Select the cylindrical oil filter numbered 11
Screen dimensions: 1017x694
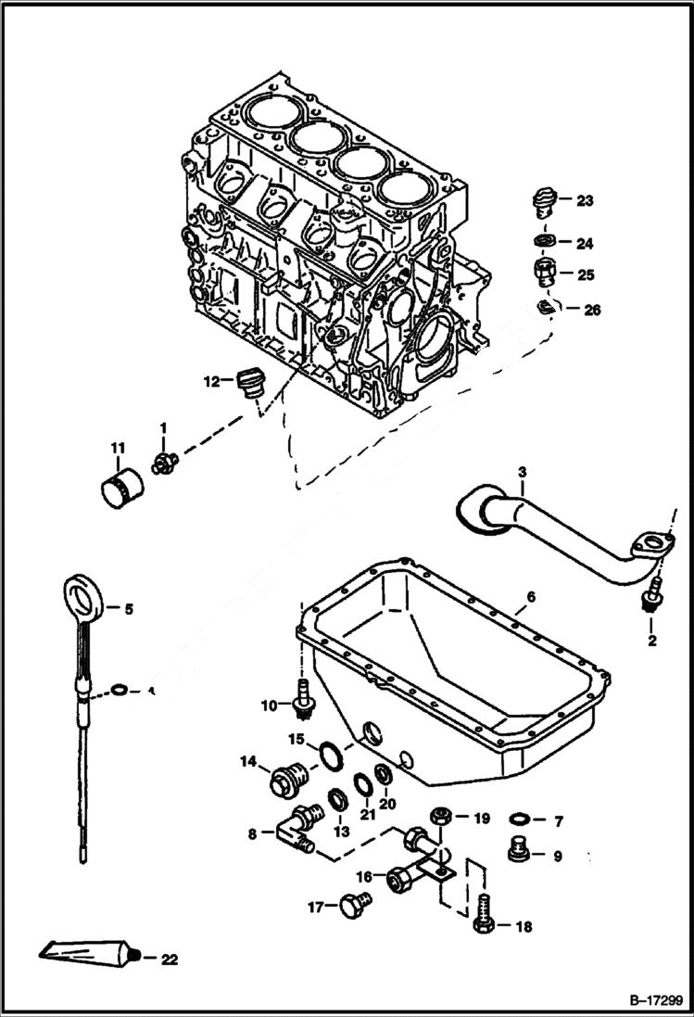click(x=121, y=484)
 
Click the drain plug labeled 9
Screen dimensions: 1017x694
click(x=521, y=849)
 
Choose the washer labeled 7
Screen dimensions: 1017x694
click(x=521, y=820)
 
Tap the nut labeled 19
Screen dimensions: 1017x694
click(x=441, y=818)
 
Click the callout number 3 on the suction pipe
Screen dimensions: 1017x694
click(x=522, y=473)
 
